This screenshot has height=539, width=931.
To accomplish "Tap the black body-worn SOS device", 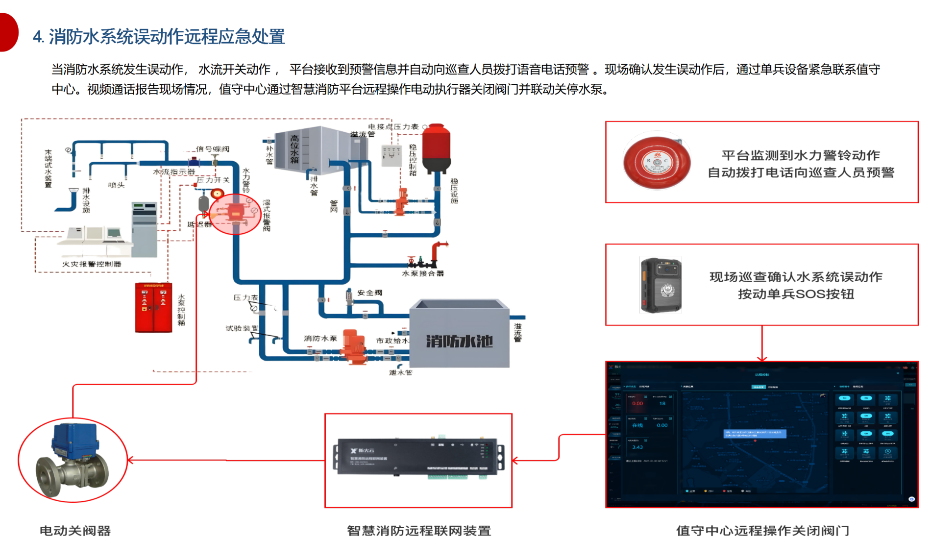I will tap(661, 285).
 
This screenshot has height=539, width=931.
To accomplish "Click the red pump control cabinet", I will tap(153, 308).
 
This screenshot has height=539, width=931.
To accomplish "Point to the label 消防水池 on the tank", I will tap(459, 341).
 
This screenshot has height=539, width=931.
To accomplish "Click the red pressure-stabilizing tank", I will tap(436, 148).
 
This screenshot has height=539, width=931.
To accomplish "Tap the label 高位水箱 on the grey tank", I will tap(294, 149).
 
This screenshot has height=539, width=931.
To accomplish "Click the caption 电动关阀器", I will tap(75, 531).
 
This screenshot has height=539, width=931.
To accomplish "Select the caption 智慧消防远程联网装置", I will tap(418, 531).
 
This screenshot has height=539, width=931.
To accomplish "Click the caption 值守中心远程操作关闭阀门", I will tap(762, 531).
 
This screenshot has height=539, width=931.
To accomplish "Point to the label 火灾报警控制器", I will tap(92, 264).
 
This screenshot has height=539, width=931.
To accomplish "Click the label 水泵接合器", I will tap(422, 273).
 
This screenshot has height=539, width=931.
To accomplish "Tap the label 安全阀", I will tap(369, 293).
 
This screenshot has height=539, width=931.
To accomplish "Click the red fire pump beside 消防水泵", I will tap(353, 346).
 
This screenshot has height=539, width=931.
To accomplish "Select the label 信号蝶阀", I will tap(213, 148).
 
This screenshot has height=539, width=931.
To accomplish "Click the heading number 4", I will tap(38, 37).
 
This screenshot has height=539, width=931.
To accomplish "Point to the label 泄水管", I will tap(400, 373).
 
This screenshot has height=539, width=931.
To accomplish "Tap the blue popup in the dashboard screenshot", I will tap(755, 434).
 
